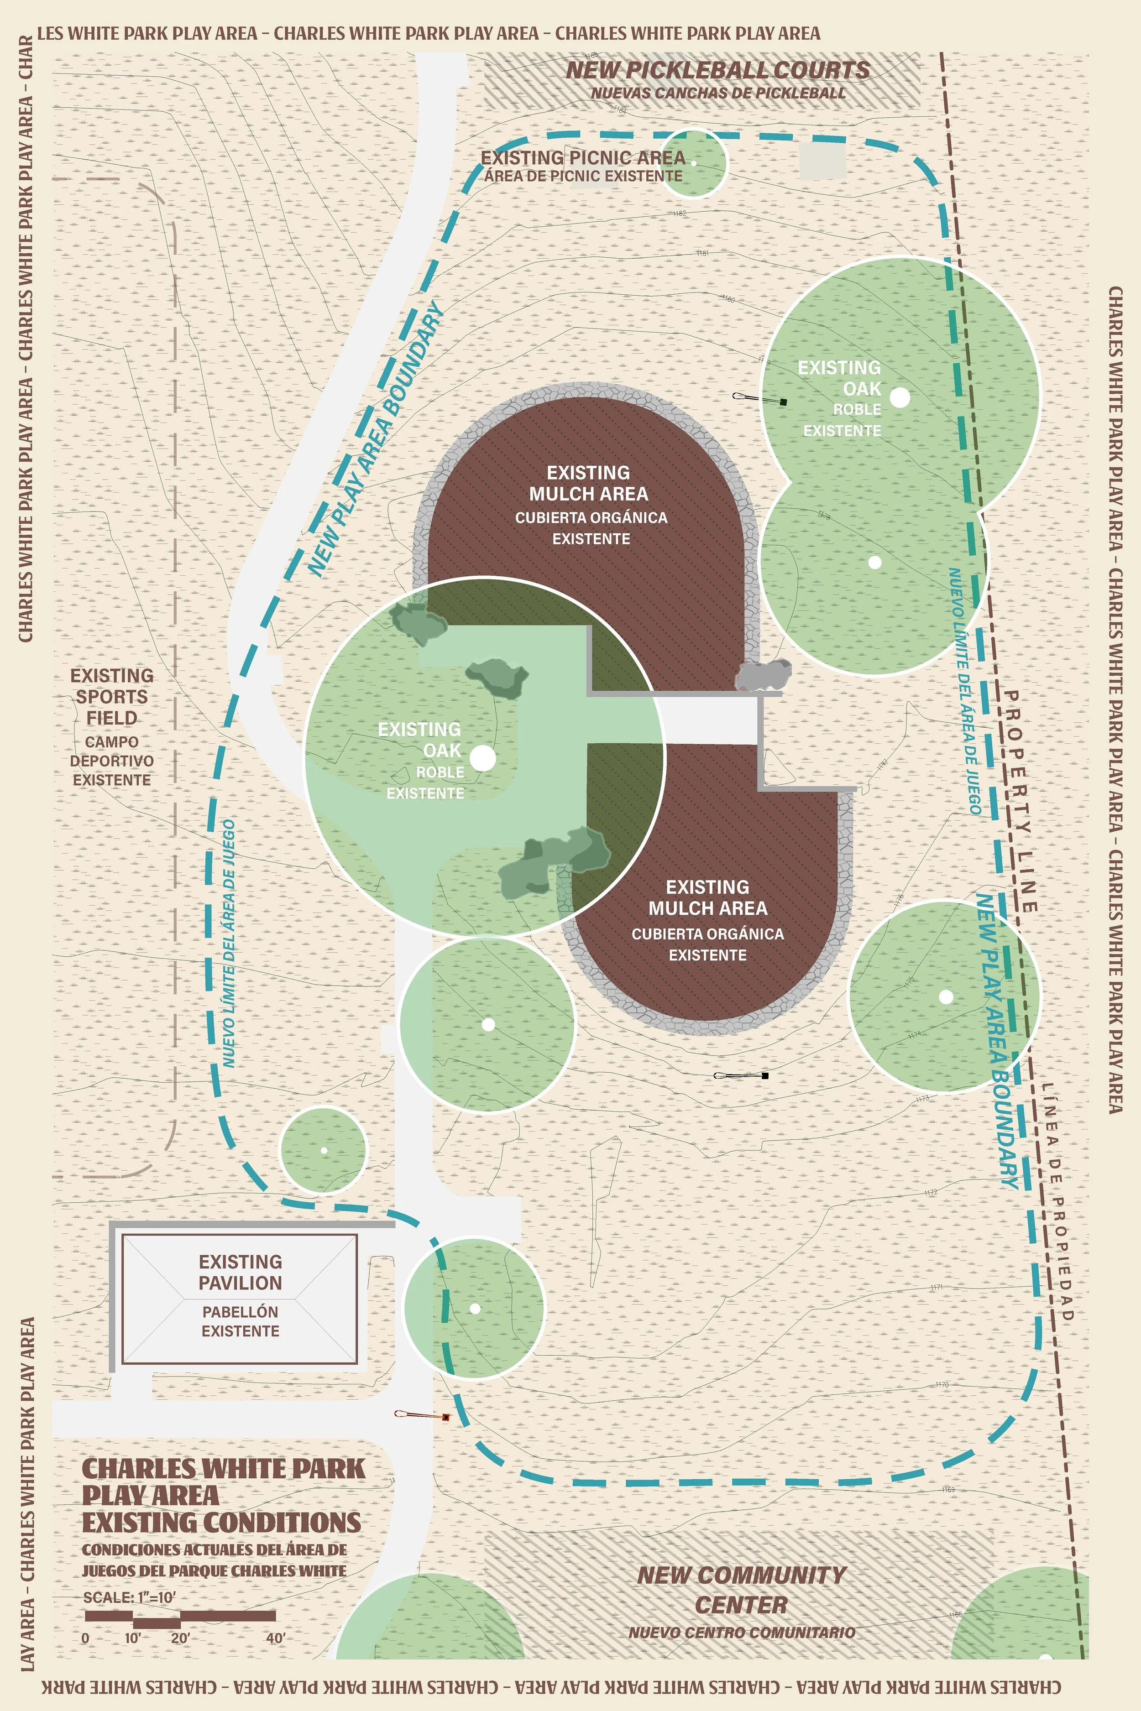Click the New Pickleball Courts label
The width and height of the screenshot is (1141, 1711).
coord(717,71)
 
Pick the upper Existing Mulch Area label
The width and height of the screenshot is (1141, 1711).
coord(589,484)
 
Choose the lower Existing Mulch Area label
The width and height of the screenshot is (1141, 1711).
coord(707,897)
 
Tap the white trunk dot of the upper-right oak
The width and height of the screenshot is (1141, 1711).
coord(900,397)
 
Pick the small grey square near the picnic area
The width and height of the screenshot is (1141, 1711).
coord(823,161)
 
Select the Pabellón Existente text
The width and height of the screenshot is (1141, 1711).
coord(240,1321)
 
